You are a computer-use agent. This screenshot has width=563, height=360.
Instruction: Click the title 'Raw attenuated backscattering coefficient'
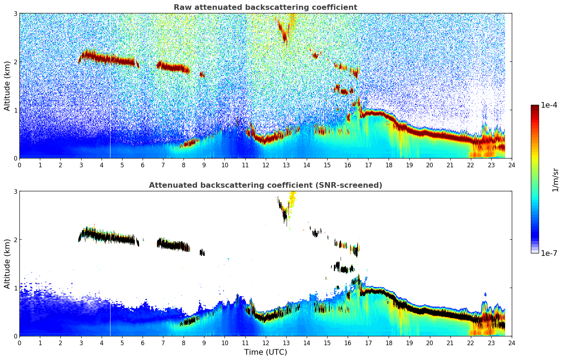265,7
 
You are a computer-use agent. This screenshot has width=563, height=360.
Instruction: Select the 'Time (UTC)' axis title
265,352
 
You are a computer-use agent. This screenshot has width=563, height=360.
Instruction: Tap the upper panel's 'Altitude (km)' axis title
7,86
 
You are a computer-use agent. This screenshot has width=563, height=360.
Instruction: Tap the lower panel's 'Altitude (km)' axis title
7,264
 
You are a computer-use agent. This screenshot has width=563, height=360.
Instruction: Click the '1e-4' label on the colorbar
549,105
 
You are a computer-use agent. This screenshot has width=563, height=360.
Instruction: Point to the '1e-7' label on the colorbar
549,253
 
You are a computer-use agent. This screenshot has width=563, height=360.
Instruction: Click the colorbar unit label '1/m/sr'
555,180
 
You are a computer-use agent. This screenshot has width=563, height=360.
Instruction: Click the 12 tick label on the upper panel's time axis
265,165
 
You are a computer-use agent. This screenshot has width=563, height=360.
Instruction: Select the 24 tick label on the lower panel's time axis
511,343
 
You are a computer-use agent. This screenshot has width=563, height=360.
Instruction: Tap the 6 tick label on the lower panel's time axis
143,343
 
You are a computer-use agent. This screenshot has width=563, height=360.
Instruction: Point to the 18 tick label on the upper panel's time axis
389,165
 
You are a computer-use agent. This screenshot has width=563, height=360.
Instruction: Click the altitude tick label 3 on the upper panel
16,13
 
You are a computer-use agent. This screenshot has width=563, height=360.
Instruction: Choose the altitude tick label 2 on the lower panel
16,240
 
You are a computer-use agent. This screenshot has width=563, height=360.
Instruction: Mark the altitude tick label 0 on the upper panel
16,158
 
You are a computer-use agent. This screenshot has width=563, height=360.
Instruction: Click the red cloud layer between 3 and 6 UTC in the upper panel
106,58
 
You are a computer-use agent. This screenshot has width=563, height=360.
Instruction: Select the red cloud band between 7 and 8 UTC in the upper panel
173,67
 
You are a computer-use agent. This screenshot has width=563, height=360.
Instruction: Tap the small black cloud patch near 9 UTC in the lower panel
202,252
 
